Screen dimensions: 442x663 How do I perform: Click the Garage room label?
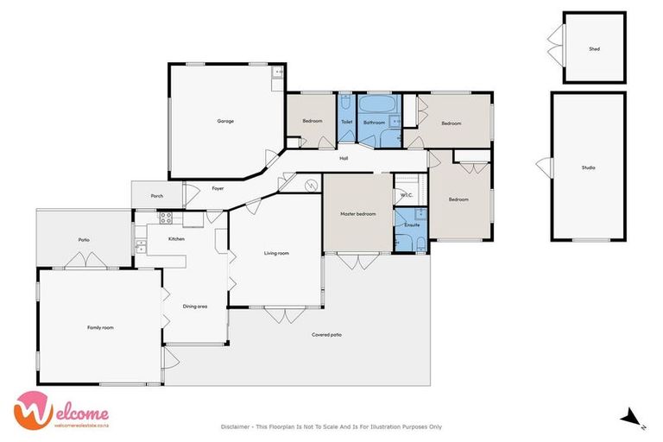tap(224, 121)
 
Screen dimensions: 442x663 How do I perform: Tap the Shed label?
tap(594, 49)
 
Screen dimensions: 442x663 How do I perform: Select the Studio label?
tap(588, 167)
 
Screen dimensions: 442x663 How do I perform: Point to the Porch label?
tap(157, 196)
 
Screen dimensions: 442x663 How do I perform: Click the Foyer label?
tap(218, 188)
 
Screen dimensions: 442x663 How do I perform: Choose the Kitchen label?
tap(176, 238)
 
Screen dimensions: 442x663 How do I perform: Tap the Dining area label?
tap(195, 306)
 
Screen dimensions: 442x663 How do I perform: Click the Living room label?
tap(276, 253)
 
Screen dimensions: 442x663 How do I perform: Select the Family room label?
tap(100, 327)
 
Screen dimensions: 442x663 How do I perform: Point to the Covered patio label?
tap(326, 334)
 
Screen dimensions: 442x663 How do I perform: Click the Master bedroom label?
tap(357, 214)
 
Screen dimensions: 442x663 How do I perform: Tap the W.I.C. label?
tap(407, 196)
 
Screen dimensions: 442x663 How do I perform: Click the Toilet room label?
tap(346, 122)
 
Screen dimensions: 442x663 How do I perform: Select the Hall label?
tap(344, 158)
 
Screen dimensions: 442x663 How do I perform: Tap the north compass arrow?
tap(632, 418)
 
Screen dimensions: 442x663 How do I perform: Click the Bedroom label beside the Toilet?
tap(312, 121)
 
